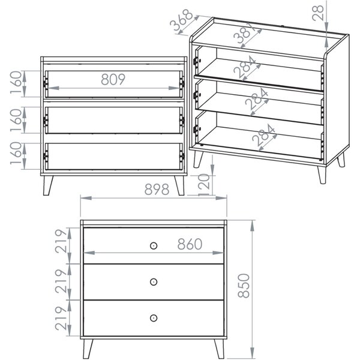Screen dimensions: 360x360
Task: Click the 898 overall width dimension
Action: tap(157, 190)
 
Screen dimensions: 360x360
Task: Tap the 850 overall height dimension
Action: tap(244, 286)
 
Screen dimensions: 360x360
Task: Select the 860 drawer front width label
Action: tap(190, 244)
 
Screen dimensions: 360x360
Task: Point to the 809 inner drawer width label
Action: tap(113, 79)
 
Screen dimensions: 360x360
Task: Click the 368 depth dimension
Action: tap(181, 20)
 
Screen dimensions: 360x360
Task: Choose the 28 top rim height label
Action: tap(318, 13)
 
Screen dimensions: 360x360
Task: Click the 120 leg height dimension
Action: tap(204, 185)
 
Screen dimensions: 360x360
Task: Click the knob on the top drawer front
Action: tap(154, 245)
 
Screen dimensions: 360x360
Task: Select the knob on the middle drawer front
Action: tap(154, 282)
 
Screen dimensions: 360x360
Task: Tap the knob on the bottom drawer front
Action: tap(154, 318)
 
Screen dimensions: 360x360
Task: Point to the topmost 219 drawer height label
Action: tap(61, 241)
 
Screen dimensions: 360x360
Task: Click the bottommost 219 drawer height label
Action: tap(61, 318)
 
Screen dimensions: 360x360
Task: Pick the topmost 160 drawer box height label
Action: tap(16, 83)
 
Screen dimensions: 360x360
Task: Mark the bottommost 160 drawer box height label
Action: tap(16, 154)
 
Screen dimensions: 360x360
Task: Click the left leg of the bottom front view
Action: tap(88, 349)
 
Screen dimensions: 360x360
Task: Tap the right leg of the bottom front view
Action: tap(219, 349)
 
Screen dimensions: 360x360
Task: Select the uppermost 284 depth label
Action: tap(245, 67)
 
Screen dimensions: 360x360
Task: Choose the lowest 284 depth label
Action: tap(263, 136)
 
